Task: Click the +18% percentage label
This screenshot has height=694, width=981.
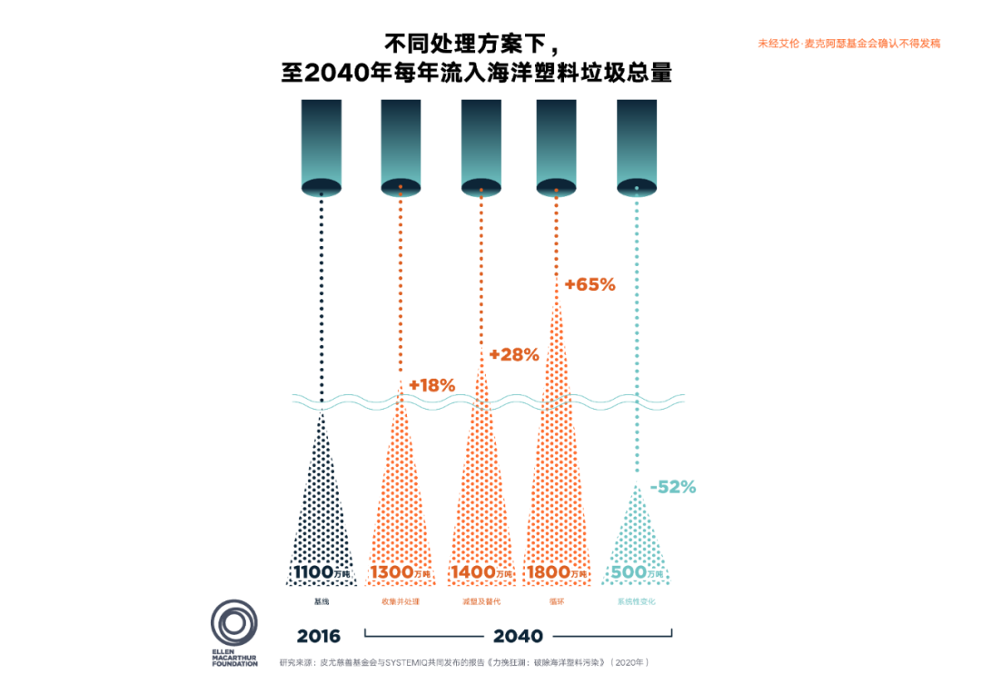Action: tap(431, 385)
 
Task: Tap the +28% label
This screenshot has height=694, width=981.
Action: tap(513, 354)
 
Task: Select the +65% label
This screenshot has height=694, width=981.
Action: tap(590, 284)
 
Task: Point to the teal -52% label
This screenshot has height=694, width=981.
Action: tap(672, 487)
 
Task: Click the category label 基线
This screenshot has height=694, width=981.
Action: tap(321, 601)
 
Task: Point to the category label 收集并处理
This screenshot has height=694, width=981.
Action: tap(401, 601)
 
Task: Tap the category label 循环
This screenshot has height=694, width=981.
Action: tap(557, 601)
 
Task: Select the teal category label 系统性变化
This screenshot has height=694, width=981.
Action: tap(637, 601)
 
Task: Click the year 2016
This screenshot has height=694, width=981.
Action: tap(318, 636)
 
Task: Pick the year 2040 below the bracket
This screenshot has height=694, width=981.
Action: tap(518, 636)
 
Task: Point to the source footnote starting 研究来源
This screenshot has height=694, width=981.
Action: tap(464, 662)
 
